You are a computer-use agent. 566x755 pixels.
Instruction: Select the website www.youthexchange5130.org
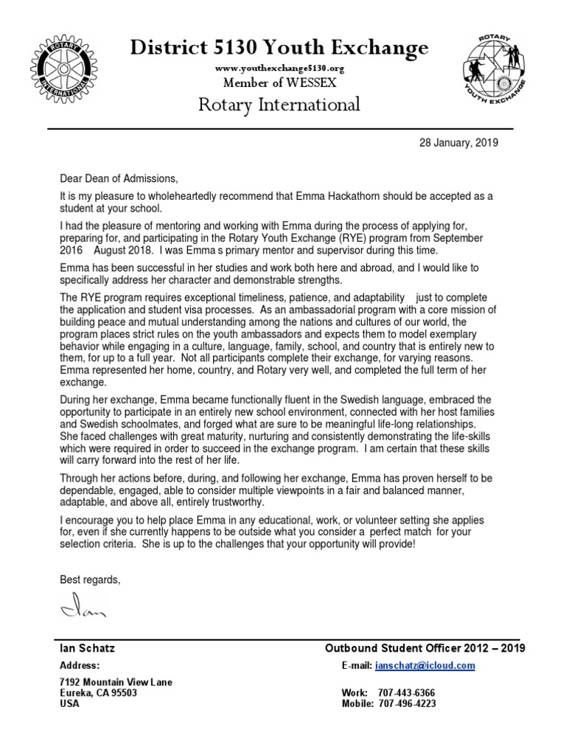(279, 68)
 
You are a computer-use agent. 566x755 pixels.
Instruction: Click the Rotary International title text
(279, 105)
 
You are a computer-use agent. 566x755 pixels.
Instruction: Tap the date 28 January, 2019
(458, 143)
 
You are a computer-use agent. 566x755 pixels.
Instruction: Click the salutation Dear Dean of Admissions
(119, 179)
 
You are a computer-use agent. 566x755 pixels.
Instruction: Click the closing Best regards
(89, 580)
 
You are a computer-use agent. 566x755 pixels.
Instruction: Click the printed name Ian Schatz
(87, 648)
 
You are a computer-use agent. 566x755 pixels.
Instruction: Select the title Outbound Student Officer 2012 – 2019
(424, 648)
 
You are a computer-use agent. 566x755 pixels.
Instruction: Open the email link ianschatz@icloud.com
(424, 666)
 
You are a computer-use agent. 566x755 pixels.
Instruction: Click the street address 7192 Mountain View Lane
(116, 682)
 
